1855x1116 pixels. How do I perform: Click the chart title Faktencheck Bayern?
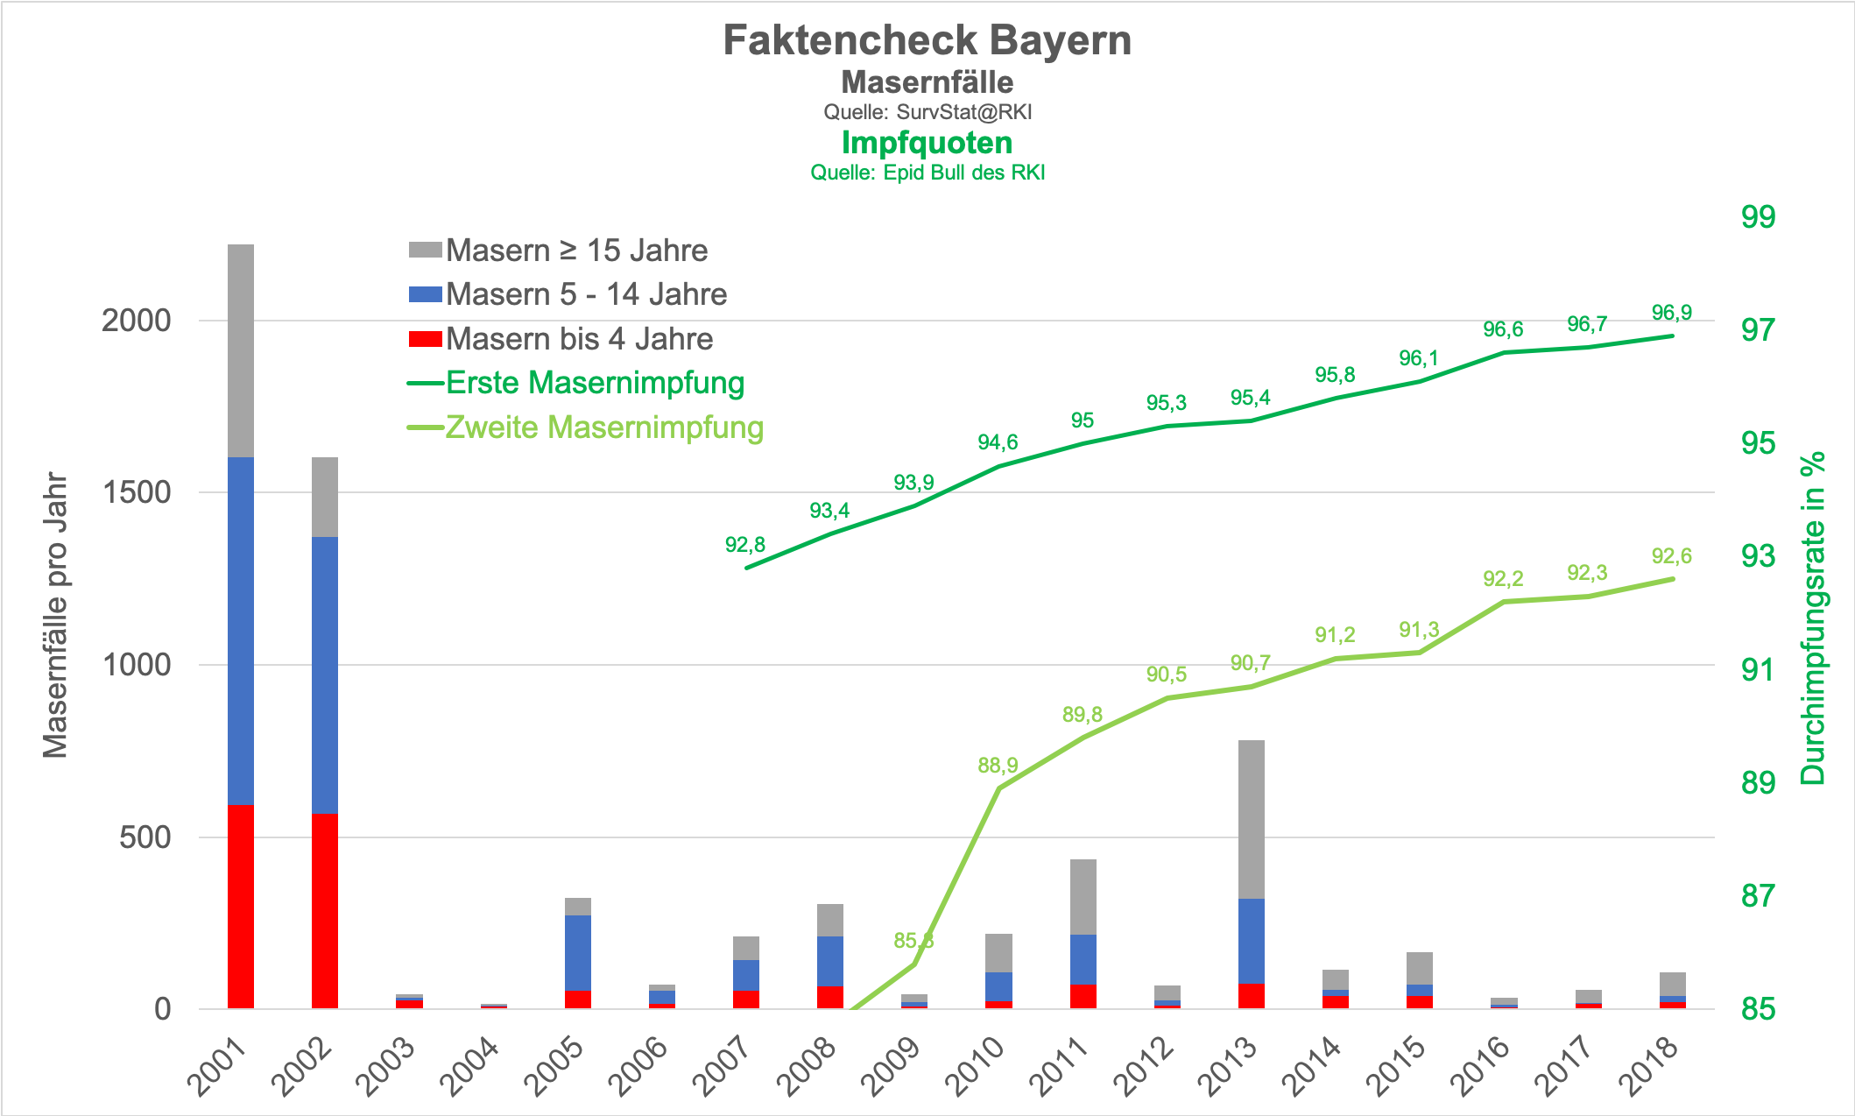click(927, 41)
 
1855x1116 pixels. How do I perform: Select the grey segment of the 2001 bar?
click(241, 350)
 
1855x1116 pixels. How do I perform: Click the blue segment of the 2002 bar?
click(325, 675)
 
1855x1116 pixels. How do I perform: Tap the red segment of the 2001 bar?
click(241, 907)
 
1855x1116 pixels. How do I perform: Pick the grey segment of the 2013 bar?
click(1251, 819)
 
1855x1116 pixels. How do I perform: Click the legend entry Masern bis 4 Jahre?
click(579, 339)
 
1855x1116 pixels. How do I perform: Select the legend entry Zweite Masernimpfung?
click(604, 427)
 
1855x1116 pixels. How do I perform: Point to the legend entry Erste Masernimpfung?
click(595, 383)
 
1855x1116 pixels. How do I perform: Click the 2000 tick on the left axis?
click(136, 321)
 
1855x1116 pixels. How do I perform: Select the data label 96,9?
click(1671, 313)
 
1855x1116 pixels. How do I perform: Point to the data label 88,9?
click(998, 766)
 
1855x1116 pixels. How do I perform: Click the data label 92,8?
click(745, 545)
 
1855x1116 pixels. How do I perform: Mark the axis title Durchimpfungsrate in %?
click(1813, 618)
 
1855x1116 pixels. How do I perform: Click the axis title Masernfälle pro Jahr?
click(55, 615)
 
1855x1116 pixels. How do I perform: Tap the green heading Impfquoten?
click(927, 143)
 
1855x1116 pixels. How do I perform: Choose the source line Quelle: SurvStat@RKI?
click(927, 112)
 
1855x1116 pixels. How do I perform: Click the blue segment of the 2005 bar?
click(577, 953)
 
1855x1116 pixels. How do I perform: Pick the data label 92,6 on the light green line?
click(1671, 556)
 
